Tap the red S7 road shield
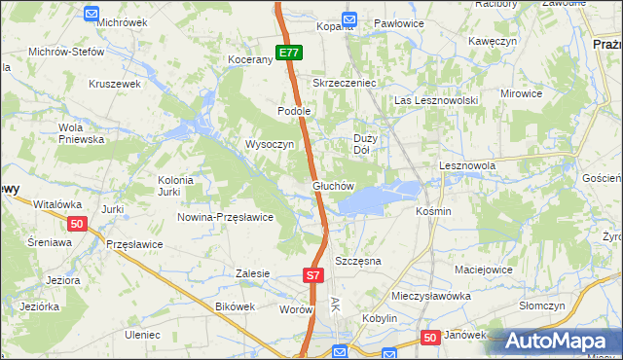(x=311, y=276)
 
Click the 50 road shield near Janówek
(x=431, y=337)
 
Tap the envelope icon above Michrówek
(x=92, y=15)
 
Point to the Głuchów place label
(x=333, y=185)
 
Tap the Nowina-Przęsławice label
(x=225, y=217)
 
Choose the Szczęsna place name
(x=357, y=262)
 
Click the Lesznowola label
(x=467, y=166)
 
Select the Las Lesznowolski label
(x=434, y=100)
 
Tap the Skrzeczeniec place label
(x=344, y=84)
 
